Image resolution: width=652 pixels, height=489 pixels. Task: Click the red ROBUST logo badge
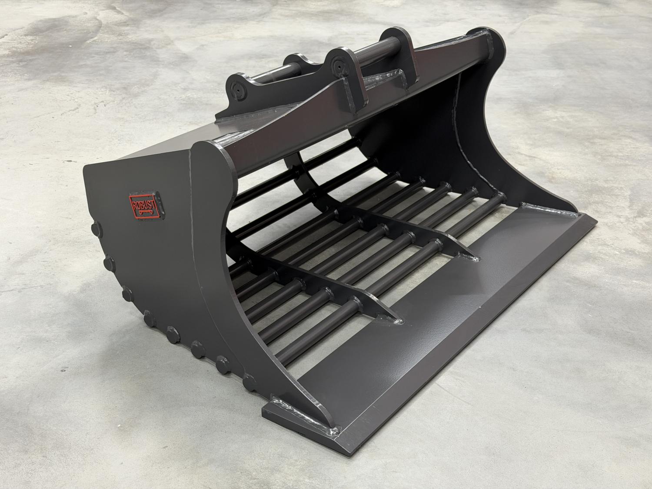pyautogui.click(x=146, y=205)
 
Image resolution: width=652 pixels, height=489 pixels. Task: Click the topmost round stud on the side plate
pyautogui.click(x=96, y=229)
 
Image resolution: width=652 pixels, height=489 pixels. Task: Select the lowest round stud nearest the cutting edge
pyautogui.click(x=250, y=383)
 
